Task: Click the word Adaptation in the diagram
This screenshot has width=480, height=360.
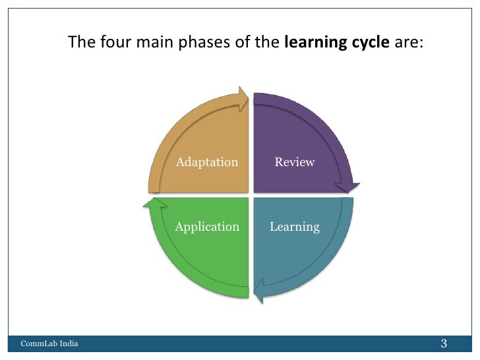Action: click(x=207, y=162)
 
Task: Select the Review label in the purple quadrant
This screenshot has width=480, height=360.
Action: click(x=295, y=162)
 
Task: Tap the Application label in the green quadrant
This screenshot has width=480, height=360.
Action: click(x=207, y=227)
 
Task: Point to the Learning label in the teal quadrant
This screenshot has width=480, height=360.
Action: click(x=295, y=227)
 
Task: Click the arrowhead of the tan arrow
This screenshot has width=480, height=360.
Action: click(x=242, y=100)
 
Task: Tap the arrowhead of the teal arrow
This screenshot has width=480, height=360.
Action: click(x=260, y=291)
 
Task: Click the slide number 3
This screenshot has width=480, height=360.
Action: click(x=444, y=344)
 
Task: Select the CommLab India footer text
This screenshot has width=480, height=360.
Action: click(x=49, y=344)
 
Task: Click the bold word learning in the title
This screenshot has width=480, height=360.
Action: click(x=311, y=44)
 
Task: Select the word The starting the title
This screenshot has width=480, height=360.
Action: click(x=82, y=44)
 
